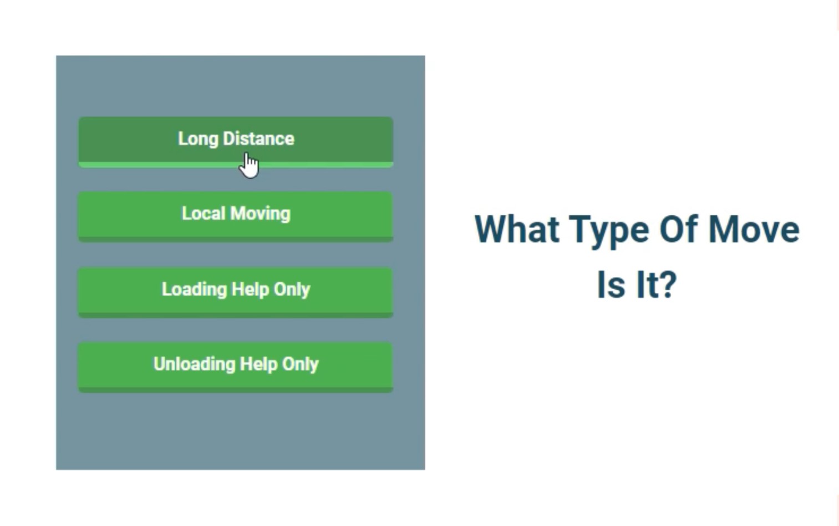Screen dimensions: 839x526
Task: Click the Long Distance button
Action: click(236, 142)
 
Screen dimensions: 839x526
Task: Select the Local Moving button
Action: click(236, 217)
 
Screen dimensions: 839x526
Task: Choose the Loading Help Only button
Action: click(236, 292)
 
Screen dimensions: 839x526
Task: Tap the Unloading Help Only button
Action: click(236, 367)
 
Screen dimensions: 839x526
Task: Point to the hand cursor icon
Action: click(248, 165)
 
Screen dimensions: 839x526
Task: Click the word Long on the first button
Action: click(198, 139)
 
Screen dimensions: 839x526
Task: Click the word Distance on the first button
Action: click(259, 139)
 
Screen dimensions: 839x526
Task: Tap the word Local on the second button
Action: click(204, 214)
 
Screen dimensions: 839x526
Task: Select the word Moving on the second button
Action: click(261, 214)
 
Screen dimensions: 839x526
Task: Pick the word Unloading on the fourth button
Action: click(195, 365)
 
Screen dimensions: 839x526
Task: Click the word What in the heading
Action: click(517, 229)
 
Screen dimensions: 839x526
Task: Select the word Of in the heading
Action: click(678, 229)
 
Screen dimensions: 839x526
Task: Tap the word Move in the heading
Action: click(754, 229)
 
